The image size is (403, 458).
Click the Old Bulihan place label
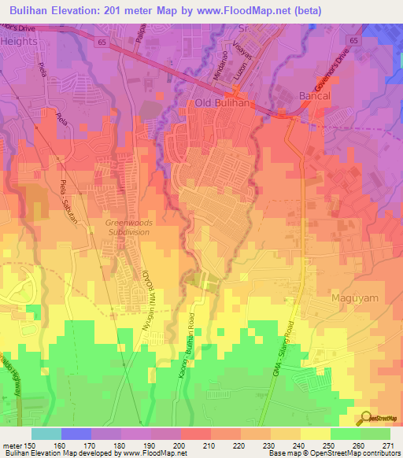point(222,103)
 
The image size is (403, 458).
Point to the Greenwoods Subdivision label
point(127,227)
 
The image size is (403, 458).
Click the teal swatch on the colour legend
point(46,434)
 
